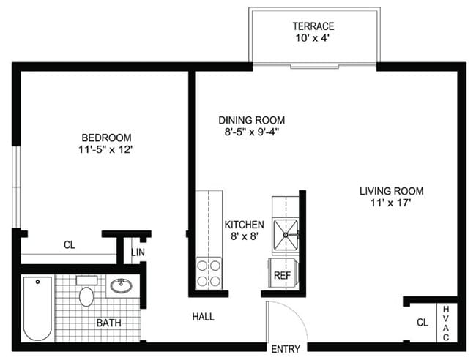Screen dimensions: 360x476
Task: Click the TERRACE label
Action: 313,26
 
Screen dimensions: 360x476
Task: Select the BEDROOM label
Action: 106,138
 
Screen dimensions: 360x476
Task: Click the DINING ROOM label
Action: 251,120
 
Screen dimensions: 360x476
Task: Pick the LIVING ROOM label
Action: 391,191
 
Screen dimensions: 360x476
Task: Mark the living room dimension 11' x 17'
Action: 391,203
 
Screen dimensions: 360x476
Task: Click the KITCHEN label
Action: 244,225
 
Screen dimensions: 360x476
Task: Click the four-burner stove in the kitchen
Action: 209,273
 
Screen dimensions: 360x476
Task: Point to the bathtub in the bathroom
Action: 37,308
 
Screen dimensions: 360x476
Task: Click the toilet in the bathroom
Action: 86,295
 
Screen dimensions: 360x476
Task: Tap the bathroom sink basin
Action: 121,285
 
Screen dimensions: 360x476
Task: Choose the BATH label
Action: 109,322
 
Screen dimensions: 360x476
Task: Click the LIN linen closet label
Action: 138,253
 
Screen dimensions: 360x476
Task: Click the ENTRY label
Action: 285,348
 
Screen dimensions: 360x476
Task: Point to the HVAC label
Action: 446,323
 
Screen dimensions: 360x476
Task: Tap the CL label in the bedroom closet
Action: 69,245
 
